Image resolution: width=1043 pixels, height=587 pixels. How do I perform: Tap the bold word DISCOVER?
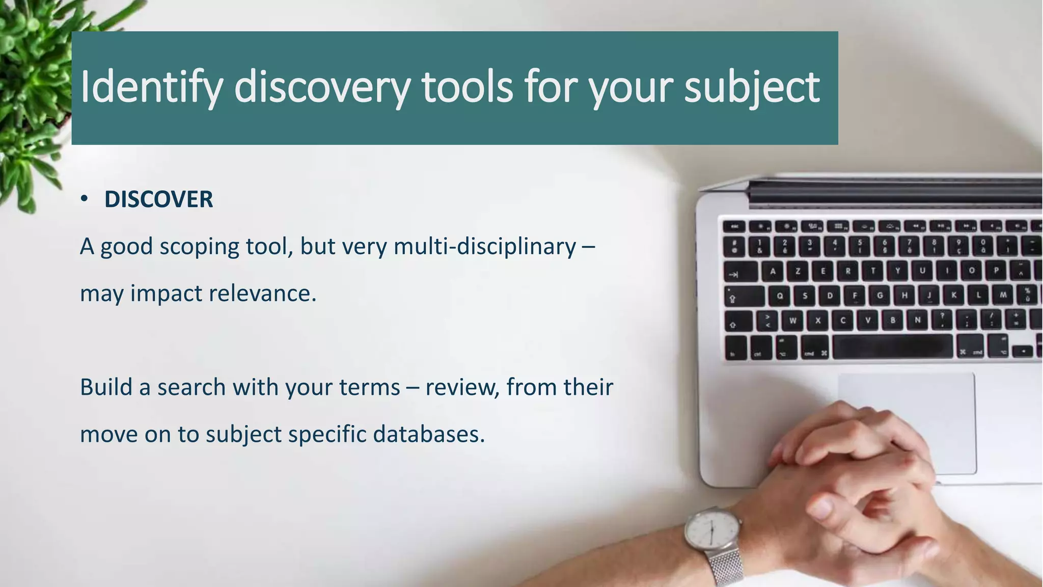coord(158,199)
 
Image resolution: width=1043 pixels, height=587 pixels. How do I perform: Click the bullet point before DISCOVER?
coord(85,199)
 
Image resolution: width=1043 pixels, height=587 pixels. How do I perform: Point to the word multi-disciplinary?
coord(484,247)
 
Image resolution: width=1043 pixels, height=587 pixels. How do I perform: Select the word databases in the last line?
coord(428,434)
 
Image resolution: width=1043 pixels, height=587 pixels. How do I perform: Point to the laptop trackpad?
coord(907,408)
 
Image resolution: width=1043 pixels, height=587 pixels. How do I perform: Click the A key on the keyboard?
coord(773,271)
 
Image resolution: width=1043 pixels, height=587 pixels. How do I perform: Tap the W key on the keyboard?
coord(792,321)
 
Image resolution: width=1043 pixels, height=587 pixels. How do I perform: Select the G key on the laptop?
coord(880,296)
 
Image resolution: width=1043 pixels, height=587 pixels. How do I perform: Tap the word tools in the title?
coord(466,87)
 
